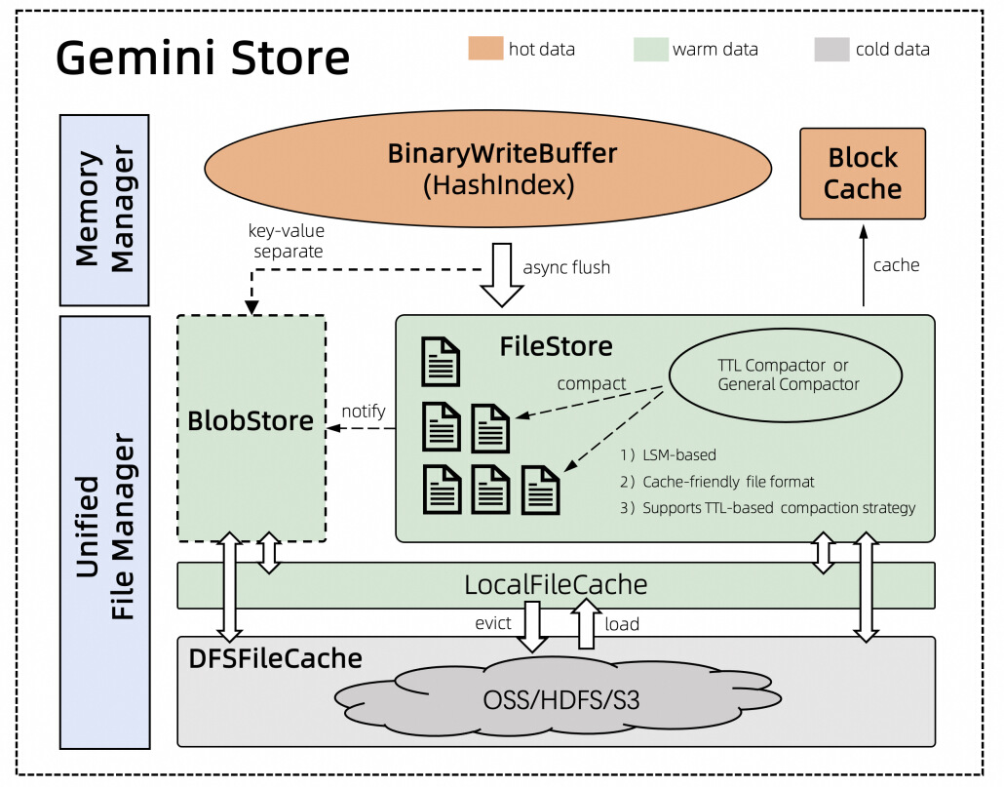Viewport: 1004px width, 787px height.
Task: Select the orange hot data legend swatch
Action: click(x=483, y=48)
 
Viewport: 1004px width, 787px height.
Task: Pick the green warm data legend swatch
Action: click(x=648, y=48)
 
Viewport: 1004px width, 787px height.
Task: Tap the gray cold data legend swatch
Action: click(x=831, y=48)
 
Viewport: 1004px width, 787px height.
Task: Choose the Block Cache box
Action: click(x=863, y=174)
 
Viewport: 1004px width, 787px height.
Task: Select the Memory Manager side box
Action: click(x=104, y=210)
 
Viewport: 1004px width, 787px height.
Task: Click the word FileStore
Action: click(x=557, y=346)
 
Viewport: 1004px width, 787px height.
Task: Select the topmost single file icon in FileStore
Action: click(x=440, y=362)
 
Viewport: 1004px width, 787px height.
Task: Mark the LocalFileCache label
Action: click(x=556, y=585)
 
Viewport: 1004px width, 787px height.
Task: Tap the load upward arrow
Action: click(x=586, y=623)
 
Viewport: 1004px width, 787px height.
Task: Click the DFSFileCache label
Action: click(x=275, y=658)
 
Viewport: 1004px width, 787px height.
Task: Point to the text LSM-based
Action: click(x=679, y=454)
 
